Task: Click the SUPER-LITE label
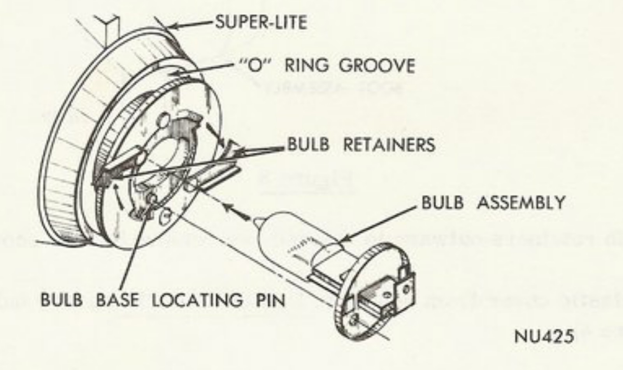(x=261, y=22)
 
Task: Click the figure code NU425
(x=544, y=336)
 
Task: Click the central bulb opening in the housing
(x=163, y=164)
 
